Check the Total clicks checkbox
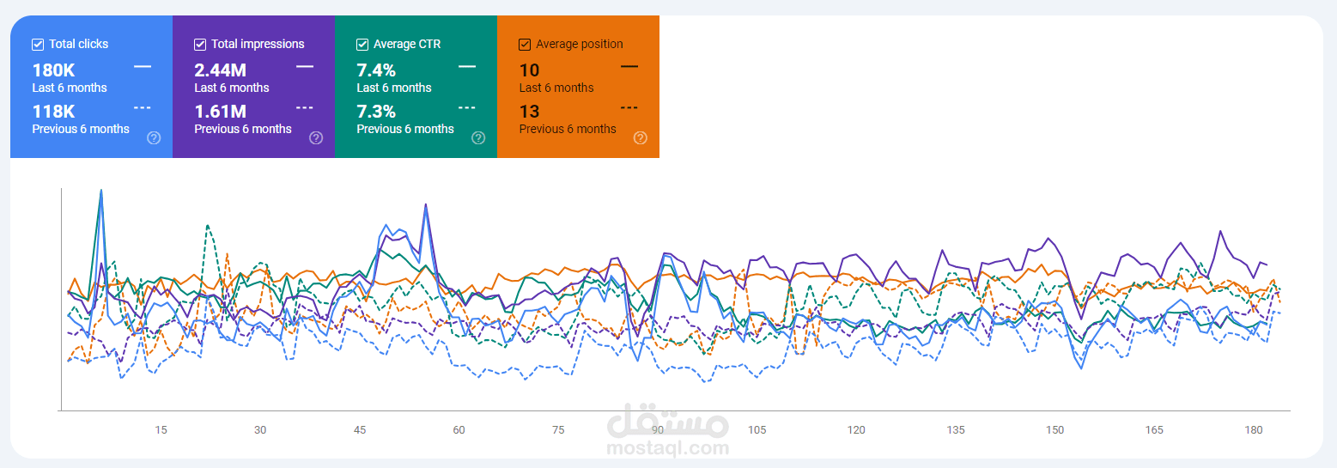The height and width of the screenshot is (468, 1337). pos(38,44)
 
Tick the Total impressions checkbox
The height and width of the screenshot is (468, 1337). pos(200,44)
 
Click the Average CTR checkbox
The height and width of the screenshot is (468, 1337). pos(362,44)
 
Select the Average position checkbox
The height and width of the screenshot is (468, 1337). pos(525,44)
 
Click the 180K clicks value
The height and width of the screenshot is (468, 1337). pos(54,70)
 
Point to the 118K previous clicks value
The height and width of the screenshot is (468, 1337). pos(54,112)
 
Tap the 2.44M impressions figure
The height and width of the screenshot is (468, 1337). pos(220,70)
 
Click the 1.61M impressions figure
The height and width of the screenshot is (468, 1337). pos(220,112)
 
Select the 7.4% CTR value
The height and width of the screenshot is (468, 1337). pos(376,70)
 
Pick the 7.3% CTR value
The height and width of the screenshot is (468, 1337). pos(376,112)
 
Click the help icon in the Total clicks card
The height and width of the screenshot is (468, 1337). pos(154,138)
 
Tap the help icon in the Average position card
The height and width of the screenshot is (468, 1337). pos(641,138)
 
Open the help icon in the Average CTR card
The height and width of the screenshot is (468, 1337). pos(478,138)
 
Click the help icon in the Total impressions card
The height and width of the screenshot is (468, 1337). pos(316,138)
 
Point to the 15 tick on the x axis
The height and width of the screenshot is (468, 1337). pos(161,430)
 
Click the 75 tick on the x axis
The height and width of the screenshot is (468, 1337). pos(558,430)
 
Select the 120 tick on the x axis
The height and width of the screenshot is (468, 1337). pos(856,430)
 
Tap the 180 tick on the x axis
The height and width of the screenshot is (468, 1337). pos(1254,430)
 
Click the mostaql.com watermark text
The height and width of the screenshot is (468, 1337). pos(668,447)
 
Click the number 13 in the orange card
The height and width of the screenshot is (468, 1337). pos(530,112)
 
